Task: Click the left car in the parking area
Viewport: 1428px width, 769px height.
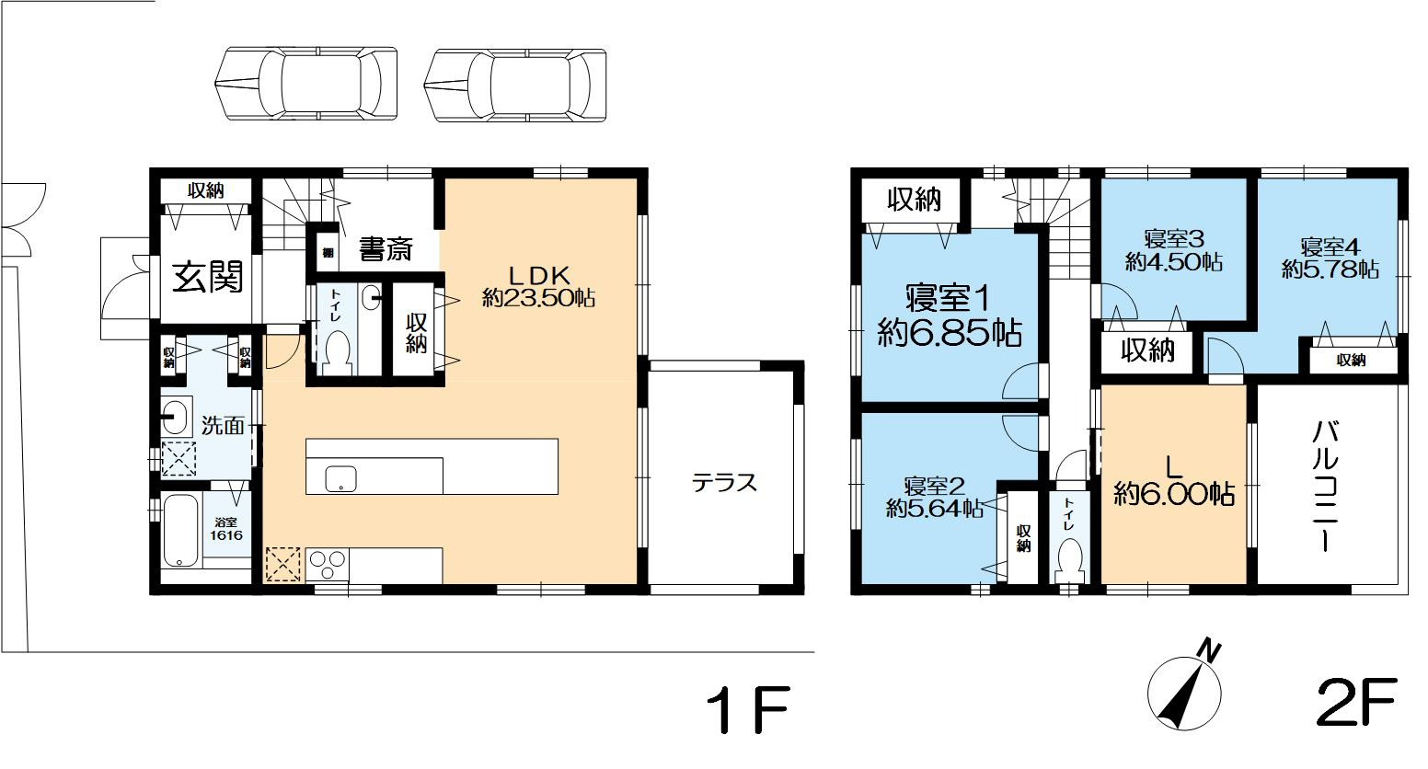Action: (x=306, y=84)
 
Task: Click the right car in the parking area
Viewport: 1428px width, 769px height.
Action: (x=516, y=84)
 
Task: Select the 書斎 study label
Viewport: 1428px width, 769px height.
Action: (x=386, y=249)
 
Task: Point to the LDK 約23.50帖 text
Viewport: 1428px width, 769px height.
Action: (x=538, y=286)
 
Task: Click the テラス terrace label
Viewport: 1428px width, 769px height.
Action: (x=724, y=483)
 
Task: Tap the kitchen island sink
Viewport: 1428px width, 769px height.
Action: (x=340, y=478)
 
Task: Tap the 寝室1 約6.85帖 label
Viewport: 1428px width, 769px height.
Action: (x=950, y=316)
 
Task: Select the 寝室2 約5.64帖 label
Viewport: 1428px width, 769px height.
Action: (x=933, y=497)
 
